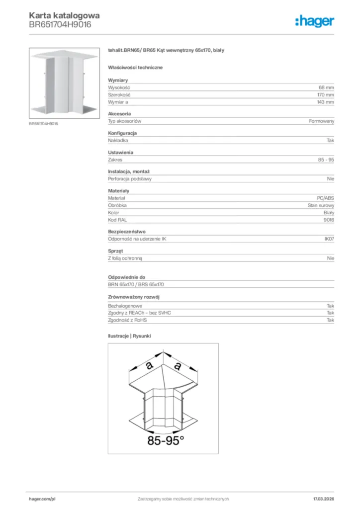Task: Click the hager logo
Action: click(314, 21)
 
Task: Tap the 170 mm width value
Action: click(325, 94)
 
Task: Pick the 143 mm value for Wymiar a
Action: click(325, 102)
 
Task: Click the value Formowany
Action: click(322, 121)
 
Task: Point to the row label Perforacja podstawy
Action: click(130, 178)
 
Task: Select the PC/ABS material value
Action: click(325, 198)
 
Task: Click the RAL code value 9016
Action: click(329, 220)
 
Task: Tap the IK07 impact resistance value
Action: click(329, 239)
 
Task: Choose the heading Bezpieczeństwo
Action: click(126, 232)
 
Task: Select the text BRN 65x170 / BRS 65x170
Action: click(136, 284)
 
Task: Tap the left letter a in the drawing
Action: click(149, 365)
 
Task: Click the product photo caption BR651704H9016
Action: click(43, 123)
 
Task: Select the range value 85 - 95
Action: click(326, 160)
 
